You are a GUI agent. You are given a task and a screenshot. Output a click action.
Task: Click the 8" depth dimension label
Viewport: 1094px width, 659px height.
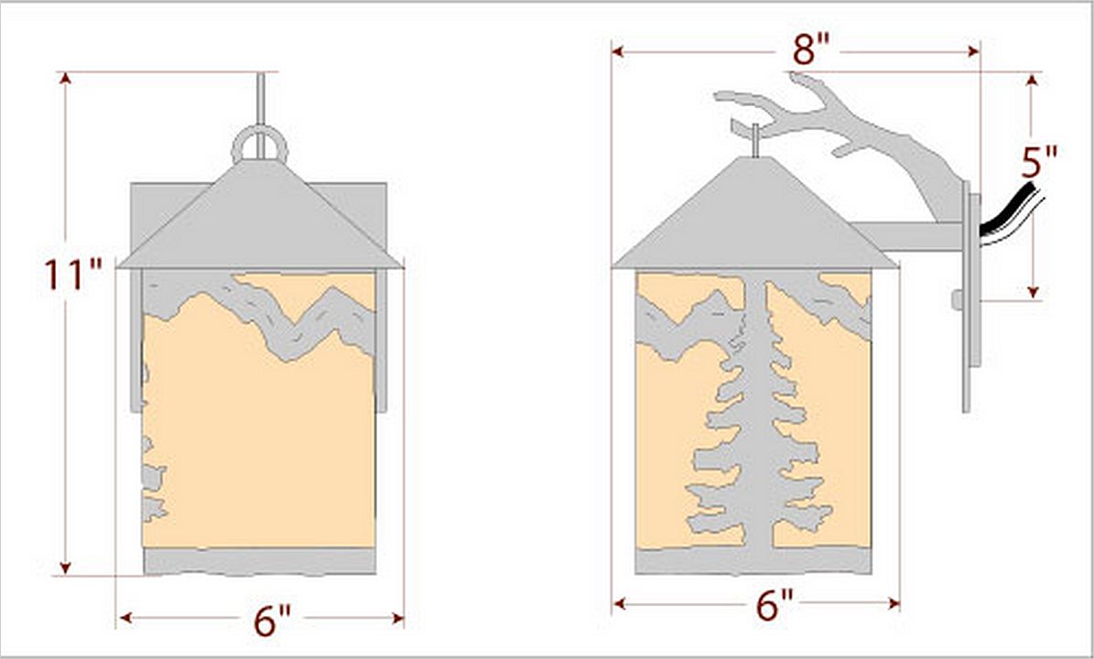point(811,49)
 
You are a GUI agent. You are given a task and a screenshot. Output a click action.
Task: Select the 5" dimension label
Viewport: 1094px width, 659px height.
point(1039,163)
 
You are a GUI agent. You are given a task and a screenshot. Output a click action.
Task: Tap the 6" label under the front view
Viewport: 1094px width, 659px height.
point(271,620)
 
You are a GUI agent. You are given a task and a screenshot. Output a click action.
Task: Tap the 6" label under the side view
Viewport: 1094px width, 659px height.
point(774,605)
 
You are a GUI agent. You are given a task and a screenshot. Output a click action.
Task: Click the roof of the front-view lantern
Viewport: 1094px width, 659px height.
point(260,216)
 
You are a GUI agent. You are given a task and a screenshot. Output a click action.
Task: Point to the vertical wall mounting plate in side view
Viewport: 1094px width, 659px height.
point(967,297)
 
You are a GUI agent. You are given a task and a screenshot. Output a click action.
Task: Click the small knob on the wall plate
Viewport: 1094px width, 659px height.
point(957,300)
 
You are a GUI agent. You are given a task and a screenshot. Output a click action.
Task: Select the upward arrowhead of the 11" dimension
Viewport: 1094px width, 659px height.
point(66,78)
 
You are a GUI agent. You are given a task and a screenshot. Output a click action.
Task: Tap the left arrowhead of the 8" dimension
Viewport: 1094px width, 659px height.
point(617,51)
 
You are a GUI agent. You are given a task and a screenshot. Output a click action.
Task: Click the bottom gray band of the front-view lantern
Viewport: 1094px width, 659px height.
point(260,561)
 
